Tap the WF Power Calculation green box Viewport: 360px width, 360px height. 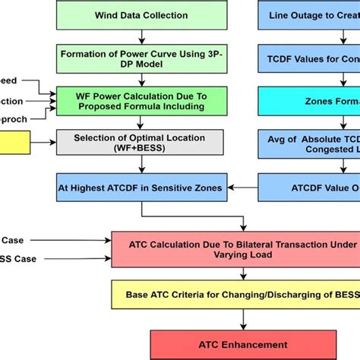click(140, 101)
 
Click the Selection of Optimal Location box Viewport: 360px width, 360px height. click(140, 142)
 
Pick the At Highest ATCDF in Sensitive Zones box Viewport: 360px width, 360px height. click(140, 186)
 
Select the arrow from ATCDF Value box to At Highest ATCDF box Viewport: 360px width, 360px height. click(244, 186)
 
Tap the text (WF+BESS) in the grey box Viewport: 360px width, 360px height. click(140, 148)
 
